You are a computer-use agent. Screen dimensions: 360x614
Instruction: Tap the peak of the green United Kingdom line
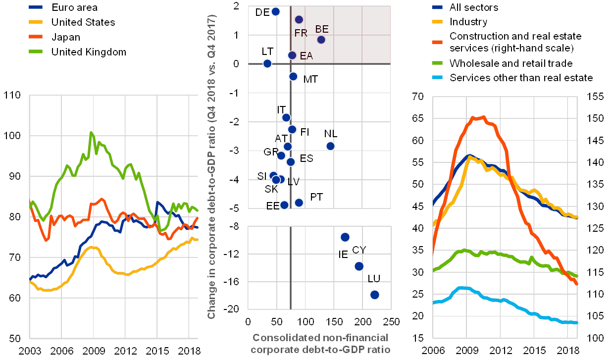pyautogui.click(x=91, y=133)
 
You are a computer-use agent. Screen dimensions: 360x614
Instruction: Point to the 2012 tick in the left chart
pyautogui.click(x=126, y=351)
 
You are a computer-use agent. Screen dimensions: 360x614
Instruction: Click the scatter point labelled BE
pyautogui.click(x=321, y=40)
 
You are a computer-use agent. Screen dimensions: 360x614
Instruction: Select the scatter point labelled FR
pyautogui.click(x=299, y=19)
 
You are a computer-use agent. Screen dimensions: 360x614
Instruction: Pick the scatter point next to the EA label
pyautogui.click(x=292, y=55)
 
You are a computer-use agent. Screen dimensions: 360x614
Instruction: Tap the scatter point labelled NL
pyautogui.click(x=330, y=146)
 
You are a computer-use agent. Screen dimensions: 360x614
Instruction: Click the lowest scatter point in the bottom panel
pyautogui.click(x=374, y=295)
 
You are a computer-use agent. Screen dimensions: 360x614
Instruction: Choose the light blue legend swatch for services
pyautogui.click(x=438, y=78)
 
